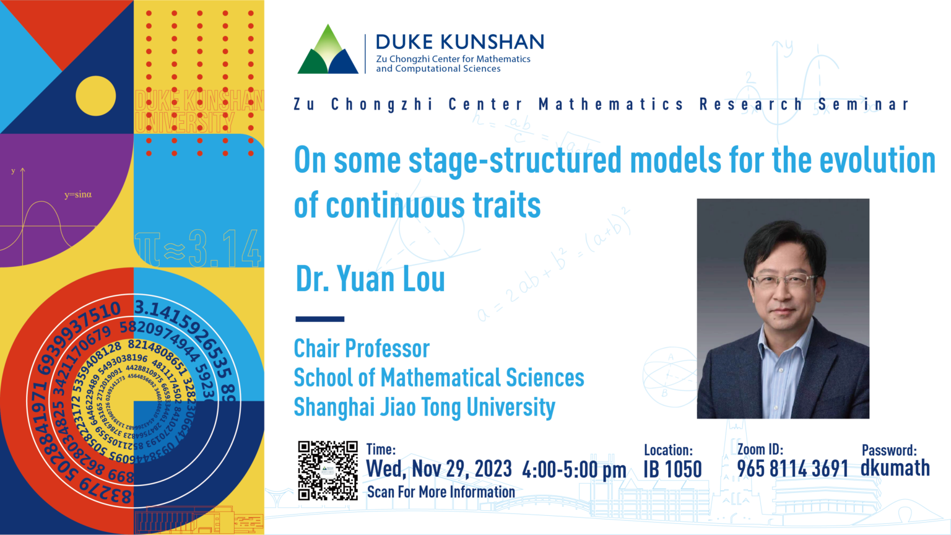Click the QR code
pyautogui.click(x=328, y=471)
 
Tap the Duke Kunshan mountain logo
pyautogui.click(x=328, y=51)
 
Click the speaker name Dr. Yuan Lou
pyautogui.click(x=370, y=279)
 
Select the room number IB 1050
pyautogui.click(x=672, y=469)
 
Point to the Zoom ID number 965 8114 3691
pyautogui.click(x=792, y=469)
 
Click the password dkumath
pyautogui.click(x=895, y=468)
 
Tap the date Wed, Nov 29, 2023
pyautogui.click(x=439, y=469)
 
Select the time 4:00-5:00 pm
pyautogui.click(x=574, y=470)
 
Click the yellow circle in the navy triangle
pyautogui.click(x=96, y=96)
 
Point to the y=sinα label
pyautogui.click(x=78, y=194)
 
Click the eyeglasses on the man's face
pyautogui.click(x=784, y=281)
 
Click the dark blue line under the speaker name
pyautogui.click(x=319, y=319)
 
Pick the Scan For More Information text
pyautogui.click(x=441, y=492)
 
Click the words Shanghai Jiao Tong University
pyautogui.click(x=424, y=407)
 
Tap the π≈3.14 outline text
pyautogui.click(x=198, y=248)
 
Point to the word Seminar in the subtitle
pyautogui.click(x=863, y=105)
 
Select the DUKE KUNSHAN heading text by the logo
pyautogui.click(x=460, y=42)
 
